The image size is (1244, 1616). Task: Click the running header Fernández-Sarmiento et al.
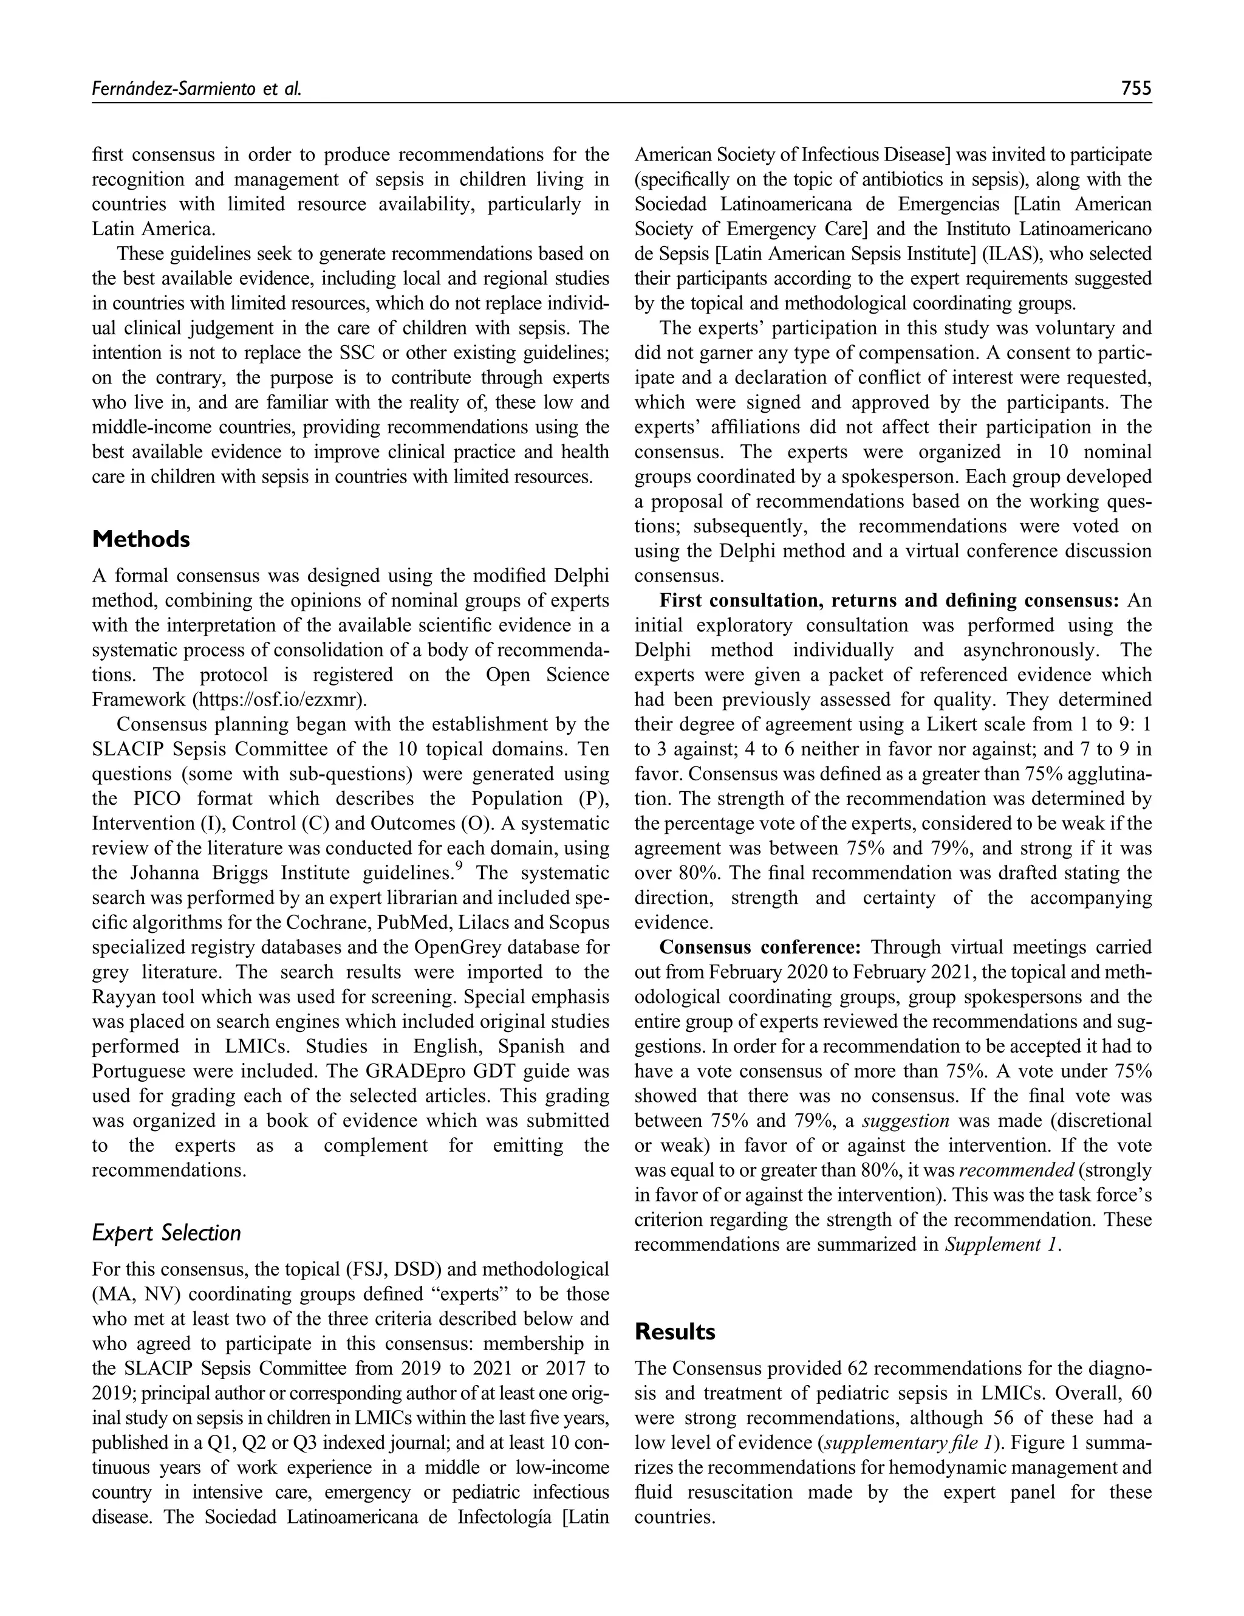click(196, 89)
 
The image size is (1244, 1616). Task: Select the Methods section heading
click(140, 540)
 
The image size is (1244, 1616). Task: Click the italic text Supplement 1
click(1002, 1245)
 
